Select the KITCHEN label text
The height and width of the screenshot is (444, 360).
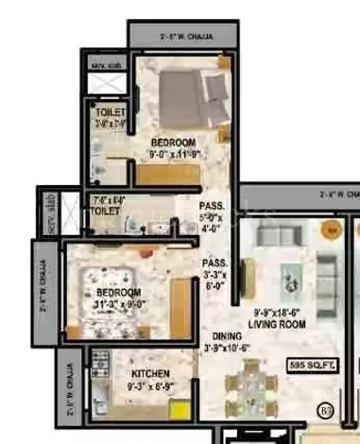pos(150,373)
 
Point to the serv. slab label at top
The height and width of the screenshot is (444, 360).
pos(99,65)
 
